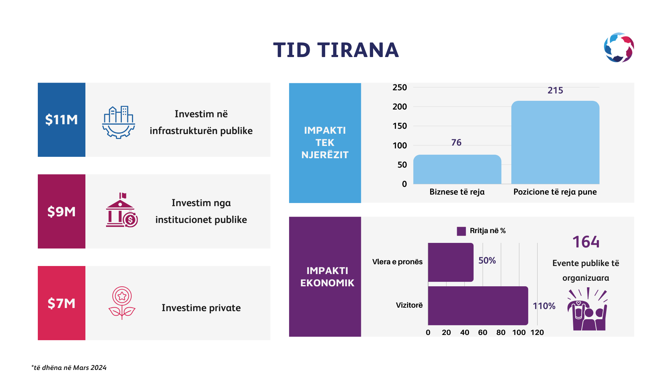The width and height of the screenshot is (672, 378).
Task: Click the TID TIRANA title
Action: pyautogui.click(x=336, y=50)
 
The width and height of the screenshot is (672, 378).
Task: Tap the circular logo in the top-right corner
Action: pyautogui.click(x=619, y=48)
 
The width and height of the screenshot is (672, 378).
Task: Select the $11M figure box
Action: pyautogui.click(x=62, y=120)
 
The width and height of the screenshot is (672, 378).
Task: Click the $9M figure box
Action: pyautogui.click(x=62, y=211)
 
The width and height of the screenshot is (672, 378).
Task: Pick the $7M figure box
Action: pyautogui.click(x=62, y=303)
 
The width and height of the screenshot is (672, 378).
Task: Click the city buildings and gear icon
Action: pyautogui.click(x=119, y=122)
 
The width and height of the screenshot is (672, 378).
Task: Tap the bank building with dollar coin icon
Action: pyautogui.click(x=121, y=210)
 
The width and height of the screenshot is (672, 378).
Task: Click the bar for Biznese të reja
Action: pyautogui.click(x=457, y=169)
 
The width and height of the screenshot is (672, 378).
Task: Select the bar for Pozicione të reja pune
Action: pyautogui.click(x=555, y=142)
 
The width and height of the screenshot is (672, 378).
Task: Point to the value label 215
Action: pyautogui.click(x=555, y=90)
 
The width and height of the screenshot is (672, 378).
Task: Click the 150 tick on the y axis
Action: pyautogui.click(x=400, y=126)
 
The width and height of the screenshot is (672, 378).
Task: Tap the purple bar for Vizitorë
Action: pyautogui.click(x=478, y=306)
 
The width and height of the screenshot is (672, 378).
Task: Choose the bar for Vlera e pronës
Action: pyautogui.click(x=450, y=262)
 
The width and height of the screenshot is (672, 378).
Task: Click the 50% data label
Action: pyautogui.click(x=487, y=260)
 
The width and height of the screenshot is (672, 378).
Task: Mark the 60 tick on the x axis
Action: pyautogui.click(x=483, y=332)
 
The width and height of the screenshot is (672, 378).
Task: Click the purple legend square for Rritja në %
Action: pyautogui.click(x=461, y=231)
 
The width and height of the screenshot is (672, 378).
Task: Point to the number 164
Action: pyautogui.click(x=586, y=242)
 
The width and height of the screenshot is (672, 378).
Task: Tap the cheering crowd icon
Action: pyautogui.click(x=587, y=309)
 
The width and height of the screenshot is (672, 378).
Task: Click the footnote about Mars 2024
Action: pyautogui.click(x=69, y=367)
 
